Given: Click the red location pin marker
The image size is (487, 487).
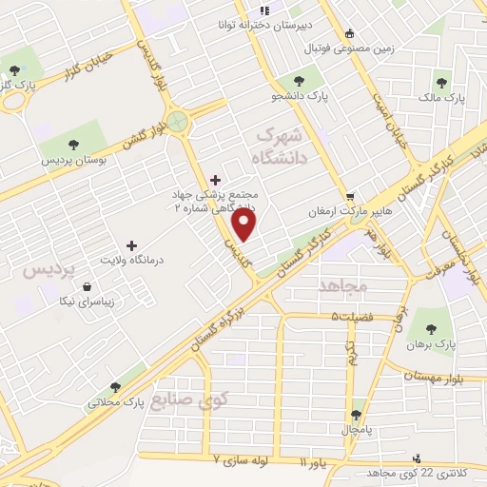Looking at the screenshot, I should pyautogui.click(x=245, y=224).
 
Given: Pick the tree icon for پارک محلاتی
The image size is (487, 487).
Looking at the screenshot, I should pyautogui.click(x=115, y=387).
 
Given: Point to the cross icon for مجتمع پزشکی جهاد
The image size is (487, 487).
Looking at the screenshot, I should pyautogui.click(x=215, y=179).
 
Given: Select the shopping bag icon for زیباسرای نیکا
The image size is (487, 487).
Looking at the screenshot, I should pyautogui.click(x=88, y=286).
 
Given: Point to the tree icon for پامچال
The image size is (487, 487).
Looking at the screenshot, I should pyautogui.click(x=356, y=414).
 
